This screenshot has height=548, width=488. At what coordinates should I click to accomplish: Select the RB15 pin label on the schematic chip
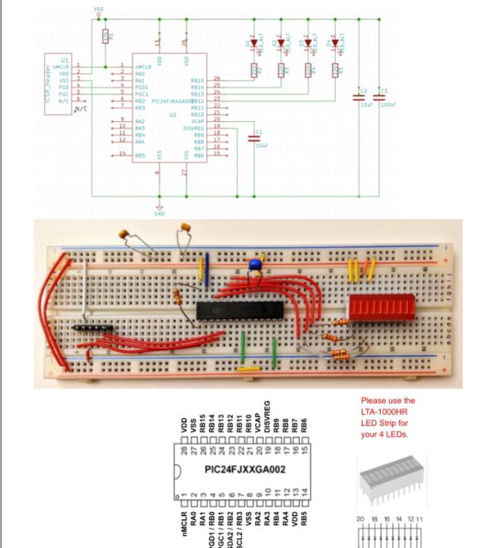(196, 79)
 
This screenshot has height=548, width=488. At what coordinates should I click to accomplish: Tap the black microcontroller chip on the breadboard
(239, 308)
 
